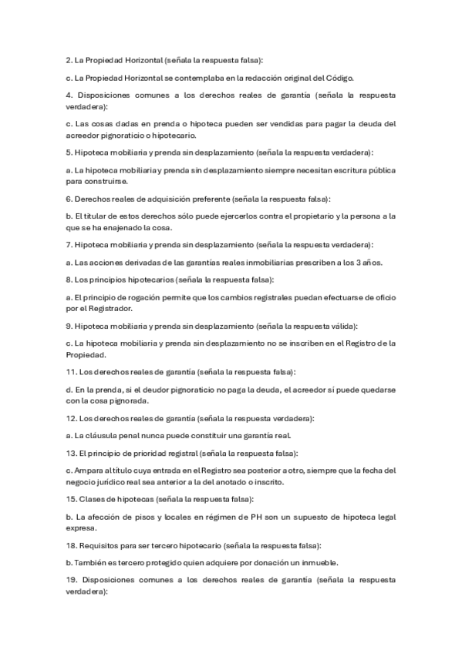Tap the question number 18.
[x=70, y=546]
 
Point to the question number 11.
[x=70, y=371]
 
